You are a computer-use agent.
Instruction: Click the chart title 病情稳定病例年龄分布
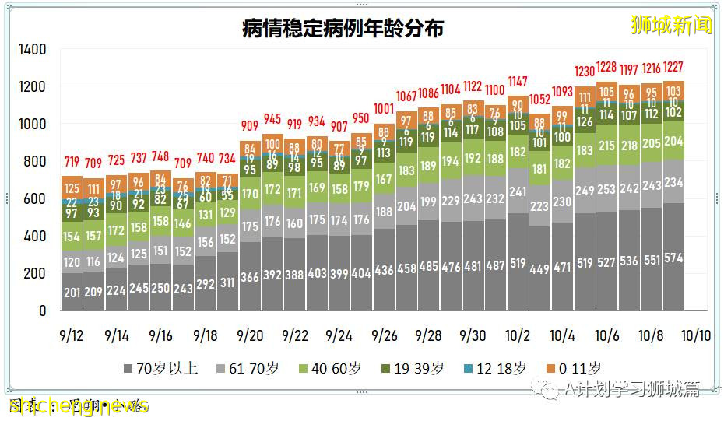(x=343, y=29)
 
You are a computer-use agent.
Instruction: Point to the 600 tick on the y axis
(x=36, y=199)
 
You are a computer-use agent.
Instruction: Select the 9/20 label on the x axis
(x=250, y=335)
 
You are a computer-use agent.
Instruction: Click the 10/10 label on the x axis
(x=696, y=335)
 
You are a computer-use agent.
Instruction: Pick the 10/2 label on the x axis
(x=518, y=335)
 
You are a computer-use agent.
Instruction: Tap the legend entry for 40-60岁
(x=325, y=368)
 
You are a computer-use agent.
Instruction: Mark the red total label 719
(x=72, y=162)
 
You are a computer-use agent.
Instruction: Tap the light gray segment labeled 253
(x=606, y=189)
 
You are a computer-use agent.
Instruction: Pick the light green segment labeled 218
(x=629, y=146)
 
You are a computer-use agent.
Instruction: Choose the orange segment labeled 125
(x=72, y=188)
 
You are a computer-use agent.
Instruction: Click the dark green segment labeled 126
(x=584, y=121)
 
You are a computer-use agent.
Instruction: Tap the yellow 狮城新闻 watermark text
(x=671, y=25)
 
